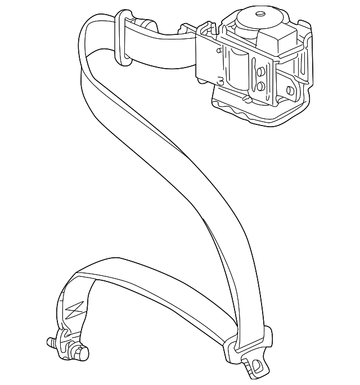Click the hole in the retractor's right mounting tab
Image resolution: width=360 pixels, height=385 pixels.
click(x=290, y=90)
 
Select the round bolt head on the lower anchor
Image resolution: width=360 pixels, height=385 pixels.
click(x=84, y=353)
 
